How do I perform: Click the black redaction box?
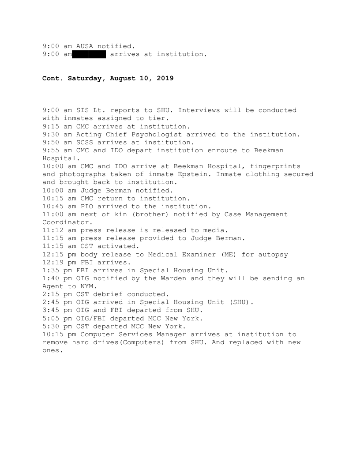click(x=89, y=54)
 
